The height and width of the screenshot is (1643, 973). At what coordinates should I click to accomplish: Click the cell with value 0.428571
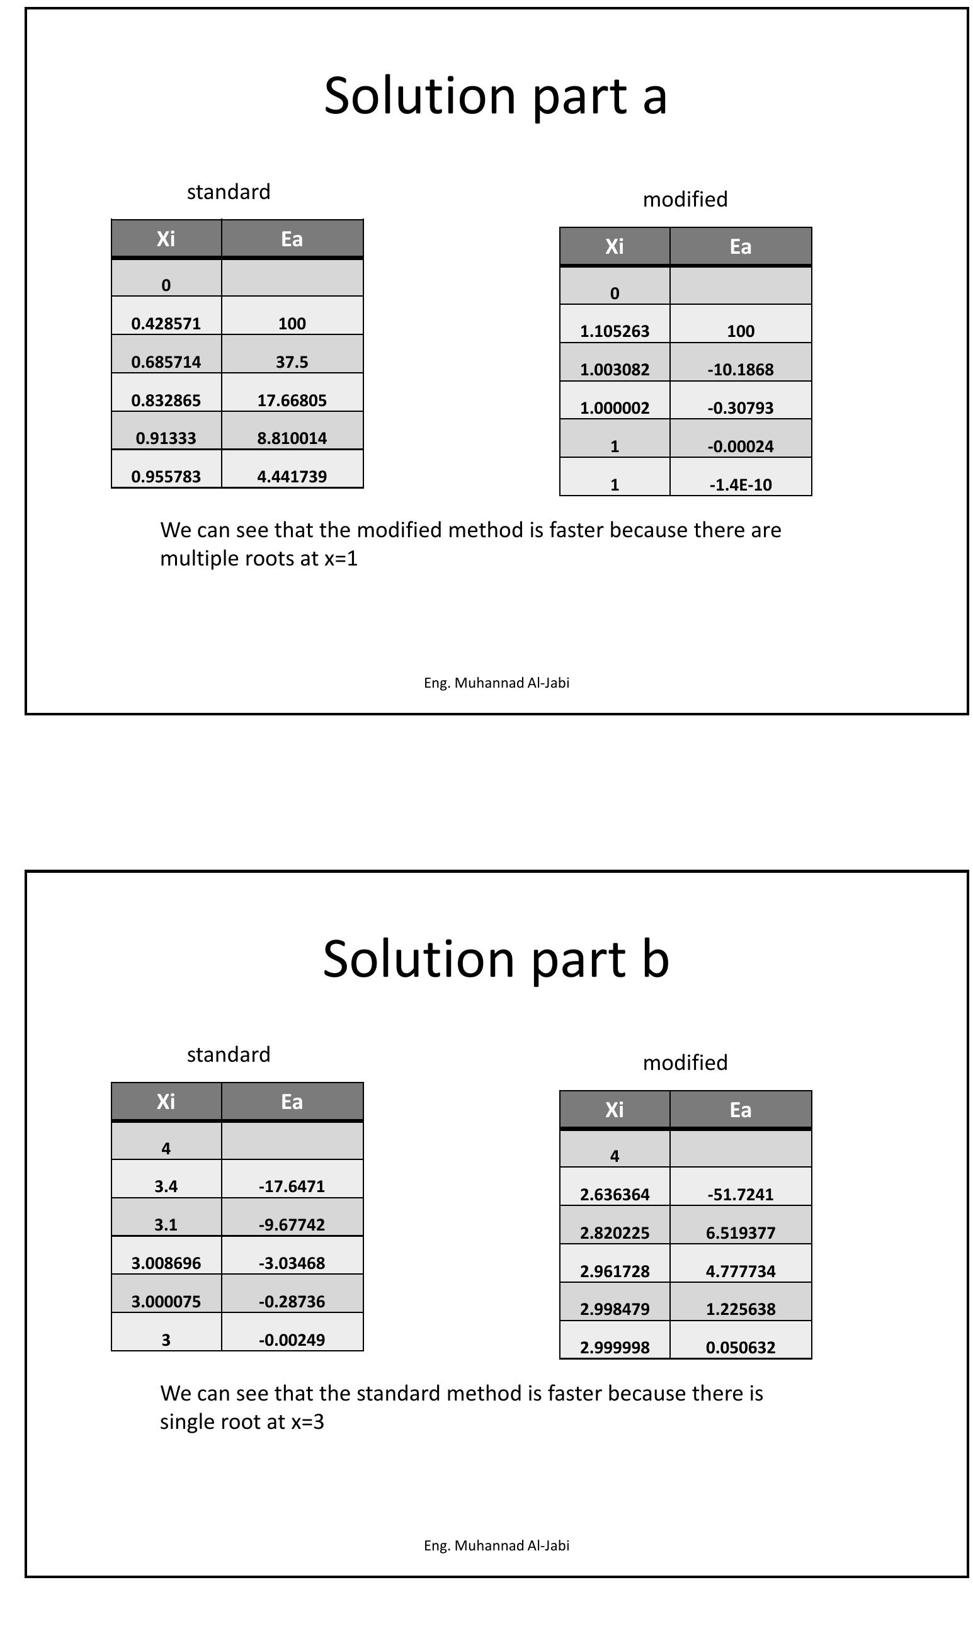pyautogui.click(x=166, y=323)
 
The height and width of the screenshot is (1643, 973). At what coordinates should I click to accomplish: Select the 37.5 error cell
pyautogui.click(x=292, y=362)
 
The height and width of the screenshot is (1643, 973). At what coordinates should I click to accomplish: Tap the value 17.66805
pyautogui.click(x=292, y=400)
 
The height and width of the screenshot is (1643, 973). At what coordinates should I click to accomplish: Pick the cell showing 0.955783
pyautogui.click(x=166, y=477)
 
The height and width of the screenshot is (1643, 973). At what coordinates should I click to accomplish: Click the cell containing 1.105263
pyautogui.click(x=615, y=331)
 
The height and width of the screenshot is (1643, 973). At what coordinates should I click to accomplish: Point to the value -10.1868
pyautogui.click(x=740, y=370)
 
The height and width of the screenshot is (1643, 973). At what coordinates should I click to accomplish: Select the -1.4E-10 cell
pyautogui.click(x=740, y=484)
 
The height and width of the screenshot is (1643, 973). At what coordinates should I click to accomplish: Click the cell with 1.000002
pyautogui.click(x=615, y=408)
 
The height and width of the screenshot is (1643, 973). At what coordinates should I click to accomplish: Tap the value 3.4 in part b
pyautogui.click(x=166, y=1186)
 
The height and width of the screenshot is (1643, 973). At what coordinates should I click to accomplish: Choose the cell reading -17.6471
pyautogui.click(x=292, y=1186)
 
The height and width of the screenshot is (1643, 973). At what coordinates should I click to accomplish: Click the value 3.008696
pyautogui.click(x=166, y=1263)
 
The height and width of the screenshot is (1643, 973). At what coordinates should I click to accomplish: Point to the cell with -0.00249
pyautogui.click(x=292, y=1339)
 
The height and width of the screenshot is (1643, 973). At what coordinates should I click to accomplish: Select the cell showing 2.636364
pyautogui.click(x=615, y=1195)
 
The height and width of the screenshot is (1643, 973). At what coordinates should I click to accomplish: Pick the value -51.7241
pyautogui.click(x=740, y=1195)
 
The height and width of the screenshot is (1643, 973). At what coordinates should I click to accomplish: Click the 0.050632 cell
pyautogui.click(x=740, y=1347)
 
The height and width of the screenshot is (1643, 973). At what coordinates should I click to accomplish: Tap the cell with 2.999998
pyautogui.click(x=615, y=1347)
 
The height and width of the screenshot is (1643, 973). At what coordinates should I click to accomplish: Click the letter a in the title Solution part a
pyautogui.click(x=654, y=97)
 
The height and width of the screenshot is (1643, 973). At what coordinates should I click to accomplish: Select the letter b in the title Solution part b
pyautogui.click(x=654, y=958)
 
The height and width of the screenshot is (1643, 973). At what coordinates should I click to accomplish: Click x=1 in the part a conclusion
pyautogui.click(x=341, y=559)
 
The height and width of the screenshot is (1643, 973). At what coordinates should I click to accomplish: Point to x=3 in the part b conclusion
pyautogui.click(x=307, y=1421)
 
